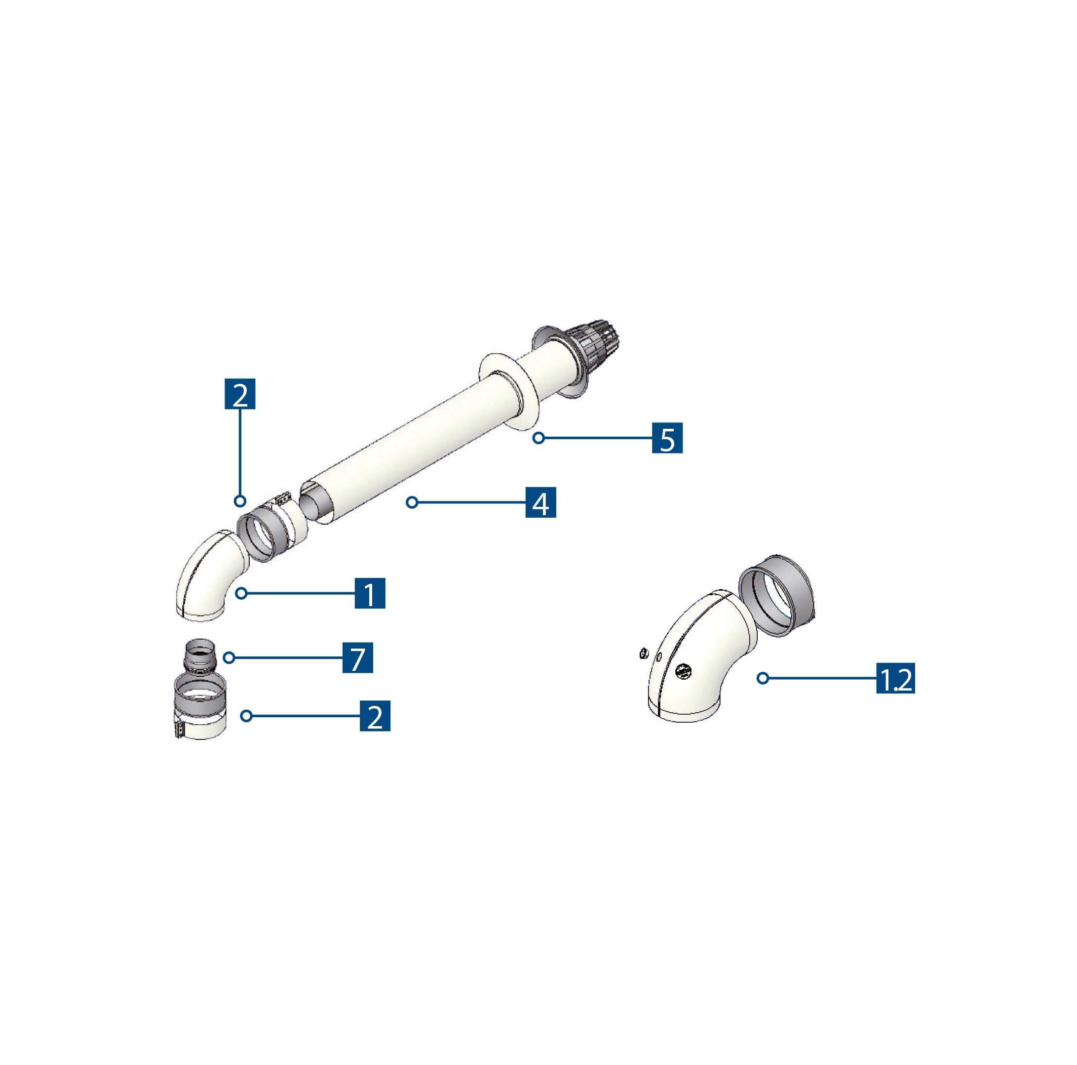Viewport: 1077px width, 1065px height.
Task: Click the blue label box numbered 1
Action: [x=370, y=593]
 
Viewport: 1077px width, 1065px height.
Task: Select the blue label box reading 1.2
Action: [x=895, y=678]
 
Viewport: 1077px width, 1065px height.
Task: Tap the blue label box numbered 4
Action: [x=540, y=502]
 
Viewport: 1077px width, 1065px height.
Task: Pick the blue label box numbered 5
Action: [x=667, y=438]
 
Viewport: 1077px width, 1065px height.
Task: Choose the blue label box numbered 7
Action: [x=357, y=658]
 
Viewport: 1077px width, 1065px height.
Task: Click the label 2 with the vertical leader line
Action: [x=240, y=394]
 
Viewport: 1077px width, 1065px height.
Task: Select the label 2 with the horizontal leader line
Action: [x=375, y=716]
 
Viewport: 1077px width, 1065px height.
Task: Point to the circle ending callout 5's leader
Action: [x=538, y=438]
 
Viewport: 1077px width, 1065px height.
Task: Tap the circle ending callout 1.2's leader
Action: [x=763, y=678]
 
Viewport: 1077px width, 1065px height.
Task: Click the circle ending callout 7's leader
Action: [x=229, y=658]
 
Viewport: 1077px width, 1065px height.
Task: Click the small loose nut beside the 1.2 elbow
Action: [x=643, y=652]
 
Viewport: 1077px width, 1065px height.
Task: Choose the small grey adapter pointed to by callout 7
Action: [x=199, y=654]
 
